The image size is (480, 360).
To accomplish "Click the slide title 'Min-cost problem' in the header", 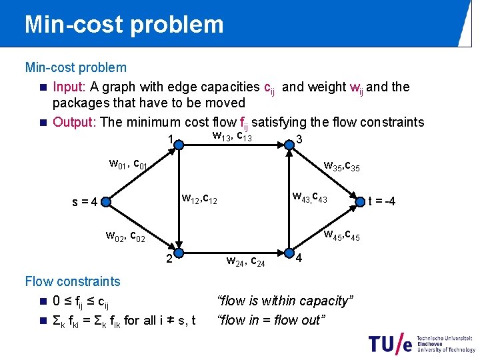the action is [124, 25].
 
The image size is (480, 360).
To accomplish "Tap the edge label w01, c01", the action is [132, 163].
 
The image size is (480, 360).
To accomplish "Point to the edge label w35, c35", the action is [341, 165].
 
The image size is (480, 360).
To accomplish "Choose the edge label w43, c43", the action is [309, 197].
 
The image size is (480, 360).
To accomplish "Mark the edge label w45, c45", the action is [341, 235].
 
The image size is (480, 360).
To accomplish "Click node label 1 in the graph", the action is [171, 141].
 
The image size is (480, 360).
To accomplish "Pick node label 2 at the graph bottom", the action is [170, 258].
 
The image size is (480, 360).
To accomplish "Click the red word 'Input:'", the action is [69, 87].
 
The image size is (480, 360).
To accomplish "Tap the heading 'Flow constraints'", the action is [72, 281].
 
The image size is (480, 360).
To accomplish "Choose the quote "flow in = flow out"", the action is [271, 320].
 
